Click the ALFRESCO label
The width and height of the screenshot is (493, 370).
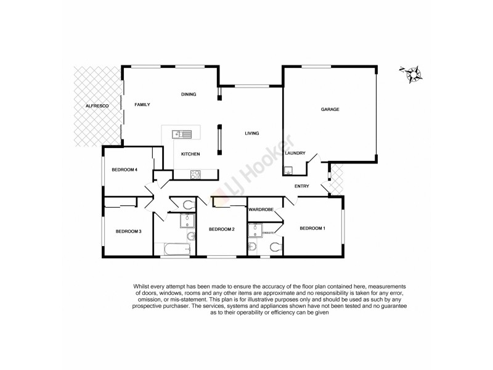coord(97,107)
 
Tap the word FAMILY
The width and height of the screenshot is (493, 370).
coord(142,105)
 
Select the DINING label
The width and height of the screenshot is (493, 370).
coord(188,94)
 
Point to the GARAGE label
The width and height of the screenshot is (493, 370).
coord(330,109)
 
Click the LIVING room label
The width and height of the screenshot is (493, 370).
coord(251,133)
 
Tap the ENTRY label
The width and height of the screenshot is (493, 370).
coord(302,186)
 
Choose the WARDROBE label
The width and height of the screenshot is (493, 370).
coord(261,210)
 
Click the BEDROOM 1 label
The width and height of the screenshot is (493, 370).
coord(312,229)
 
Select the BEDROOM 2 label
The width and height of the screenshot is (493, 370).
coord(222,229)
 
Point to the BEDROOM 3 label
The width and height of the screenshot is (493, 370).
coord(129,231)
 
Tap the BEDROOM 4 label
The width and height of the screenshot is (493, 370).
coord(124,170)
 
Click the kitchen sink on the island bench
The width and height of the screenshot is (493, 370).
coord(182,133)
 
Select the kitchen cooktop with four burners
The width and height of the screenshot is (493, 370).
coord(194,174)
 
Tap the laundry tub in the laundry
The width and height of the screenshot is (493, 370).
coord(288,171)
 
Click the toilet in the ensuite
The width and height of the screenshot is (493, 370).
coord(275,248)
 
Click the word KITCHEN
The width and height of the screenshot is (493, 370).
coord(190,154)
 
